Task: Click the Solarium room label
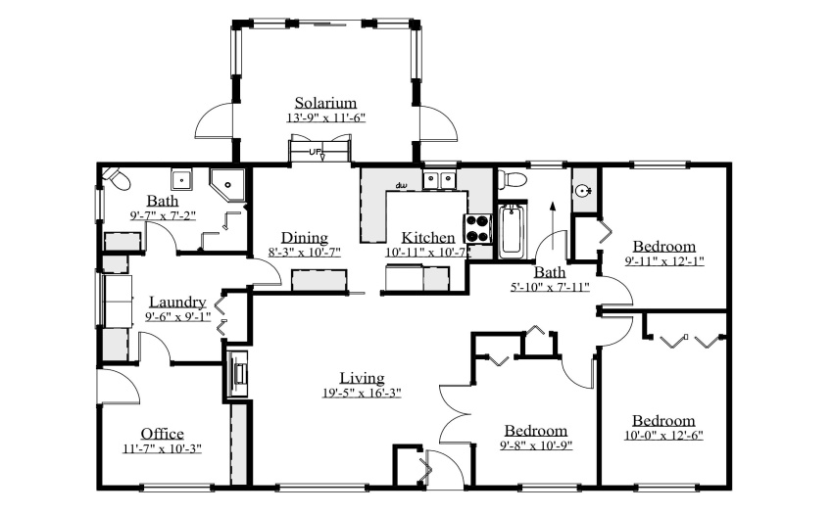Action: coord(325,103)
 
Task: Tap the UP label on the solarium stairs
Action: coord(315,152)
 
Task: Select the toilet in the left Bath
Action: coord(117,178)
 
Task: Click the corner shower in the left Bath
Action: coord(227,185)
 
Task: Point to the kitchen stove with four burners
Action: coord(478,229)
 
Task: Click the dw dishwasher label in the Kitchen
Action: coord(401,185)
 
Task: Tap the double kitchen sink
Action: coord(440,179)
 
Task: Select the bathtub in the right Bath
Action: coord(512,231)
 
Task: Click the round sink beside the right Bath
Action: coord(584,190)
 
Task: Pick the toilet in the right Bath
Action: coord(513,178)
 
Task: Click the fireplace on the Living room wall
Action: coord(237,374)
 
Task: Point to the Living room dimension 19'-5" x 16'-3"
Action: coord(362,393)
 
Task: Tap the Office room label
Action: coord(162,434)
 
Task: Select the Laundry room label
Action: coord(177,302)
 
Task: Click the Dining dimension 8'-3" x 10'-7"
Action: coord(305,253)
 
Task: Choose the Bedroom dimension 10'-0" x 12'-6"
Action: coord(663,436)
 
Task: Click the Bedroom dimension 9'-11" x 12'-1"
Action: coord(664,261)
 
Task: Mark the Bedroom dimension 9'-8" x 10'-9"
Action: coord(536,444)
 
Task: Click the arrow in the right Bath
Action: coord(553,226)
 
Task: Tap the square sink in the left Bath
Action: coord(181,179)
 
